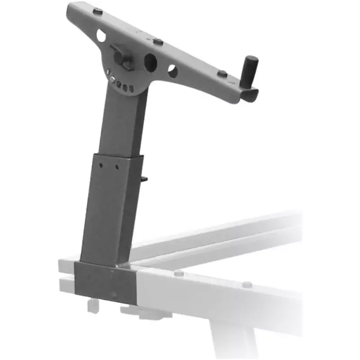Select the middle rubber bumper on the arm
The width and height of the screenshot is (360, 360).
pos(158,41)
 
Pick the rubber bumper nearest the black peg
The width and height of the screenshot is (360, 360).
pos(222,73)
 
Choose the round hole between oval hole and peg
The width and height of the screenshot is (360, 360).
pos(173,71)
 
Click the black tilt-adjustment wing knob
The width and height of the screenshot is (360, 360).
pos(122,56)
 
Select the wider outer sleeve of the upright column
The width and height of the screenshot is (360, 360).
pos(112,207)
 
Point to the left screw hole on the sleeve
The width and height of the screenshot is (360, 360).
pos(103,165)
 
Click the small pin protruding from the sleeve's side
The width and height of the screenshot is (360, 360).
pos(146,179)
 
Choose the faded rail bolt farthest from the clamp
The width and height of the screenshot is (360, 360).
pos(247,284)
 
